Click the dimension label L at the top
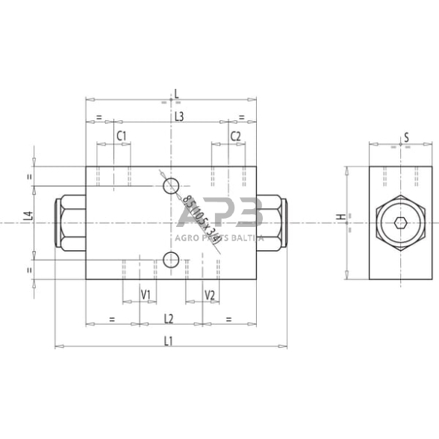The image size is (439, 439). (176, 93)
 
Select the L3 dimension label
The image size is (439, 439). (179, 116)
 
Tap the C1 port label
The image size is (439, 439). (122, 136)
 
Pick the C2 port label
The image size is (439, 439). (235, 136)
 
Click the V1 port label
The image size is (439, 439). (146, 295)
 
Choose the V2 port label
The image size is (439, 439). (210, 295)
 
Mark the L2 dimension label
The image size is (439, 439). (169, 319)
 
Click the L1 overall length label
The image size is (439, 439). (169, 341)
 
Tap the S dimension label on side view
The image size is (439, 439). (406, 137)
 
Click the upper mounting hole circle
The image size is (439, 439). (171, 185)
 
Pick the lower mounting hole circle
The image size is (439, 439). (170, 260)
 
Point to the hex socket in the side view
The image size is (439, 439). (400, 223)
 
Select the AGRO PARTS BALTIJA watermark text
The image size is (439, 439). (219, 238)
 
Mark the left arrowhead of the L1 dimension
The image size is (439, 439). (57, 346)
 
